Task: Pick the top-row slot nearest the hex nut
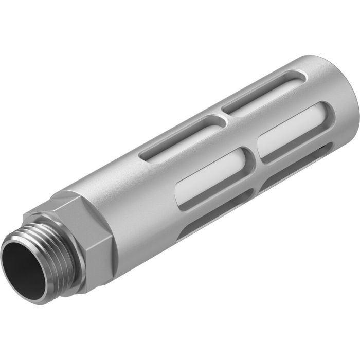coord(180,133)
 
